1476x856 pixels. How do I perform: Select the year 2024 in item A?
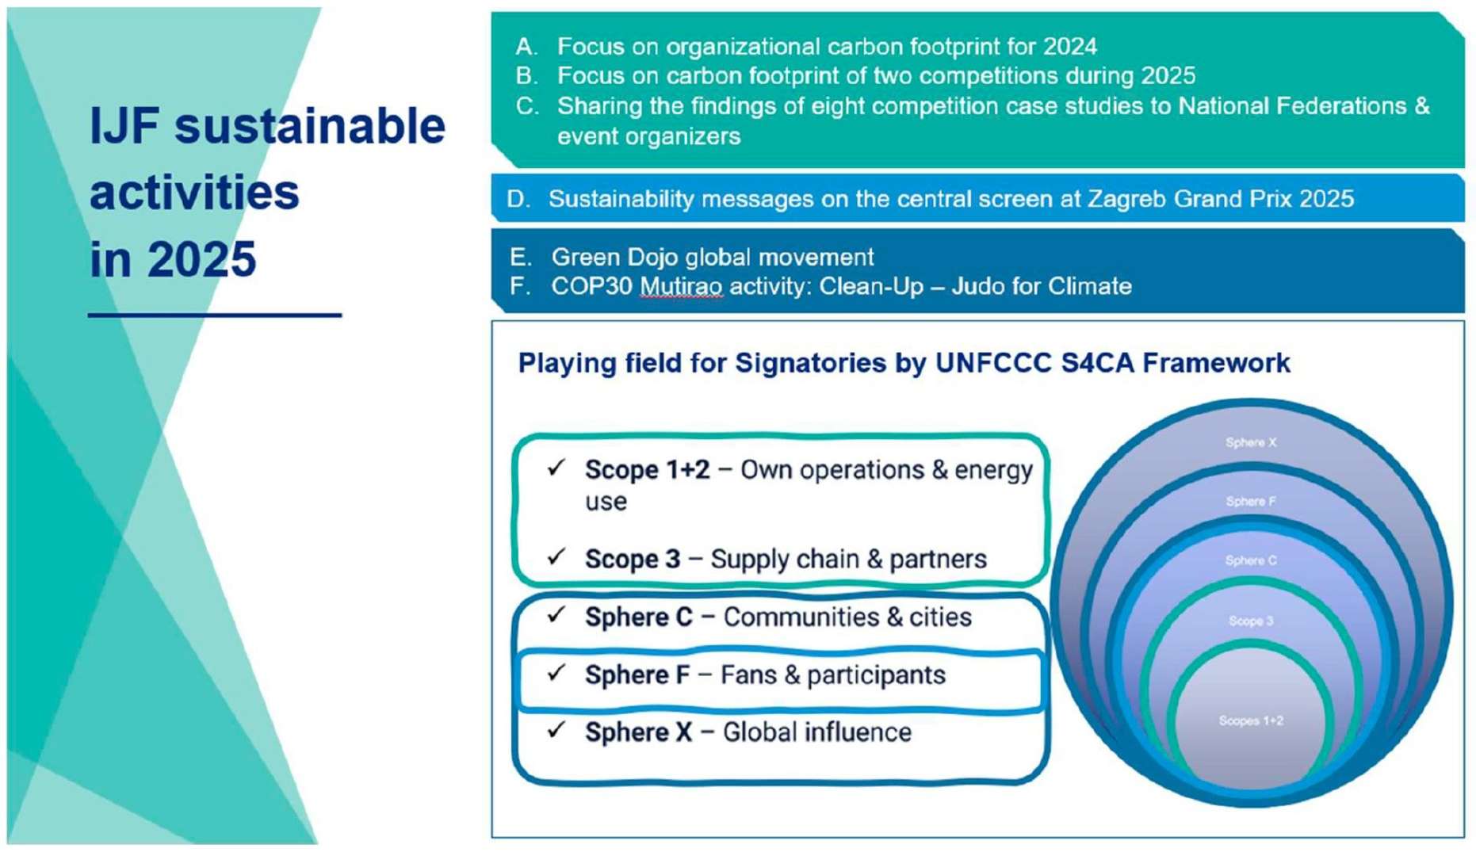(1070, 47)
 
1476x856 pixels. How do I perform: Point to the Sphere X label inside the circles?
(1251, 442)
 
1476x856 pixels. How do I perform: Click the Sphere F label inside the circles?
(1251, 501)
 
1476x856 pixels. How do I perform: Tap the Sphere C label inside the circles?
(1251, 560)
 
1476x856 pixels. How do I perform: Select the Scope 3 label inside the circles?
(1251, 621)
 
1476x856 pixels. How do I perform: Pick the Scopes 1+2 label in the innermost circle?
(1251, 720)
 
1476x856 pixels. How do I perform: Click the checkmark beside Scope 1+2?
(556, 468)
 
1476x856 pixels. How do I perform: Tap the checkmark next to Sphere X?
(556, 729)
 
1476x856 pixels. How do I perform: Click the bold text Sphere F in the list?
(637, 675)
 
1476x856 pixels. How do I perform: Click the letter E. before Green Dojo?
(521, 258)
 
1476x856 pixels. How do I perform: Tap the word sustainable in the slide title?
(310, 126)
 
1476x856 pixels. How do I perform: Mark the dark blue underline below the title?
(215, 315)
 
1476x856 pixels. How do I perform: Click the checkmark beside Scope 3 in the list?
(556, 556)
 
